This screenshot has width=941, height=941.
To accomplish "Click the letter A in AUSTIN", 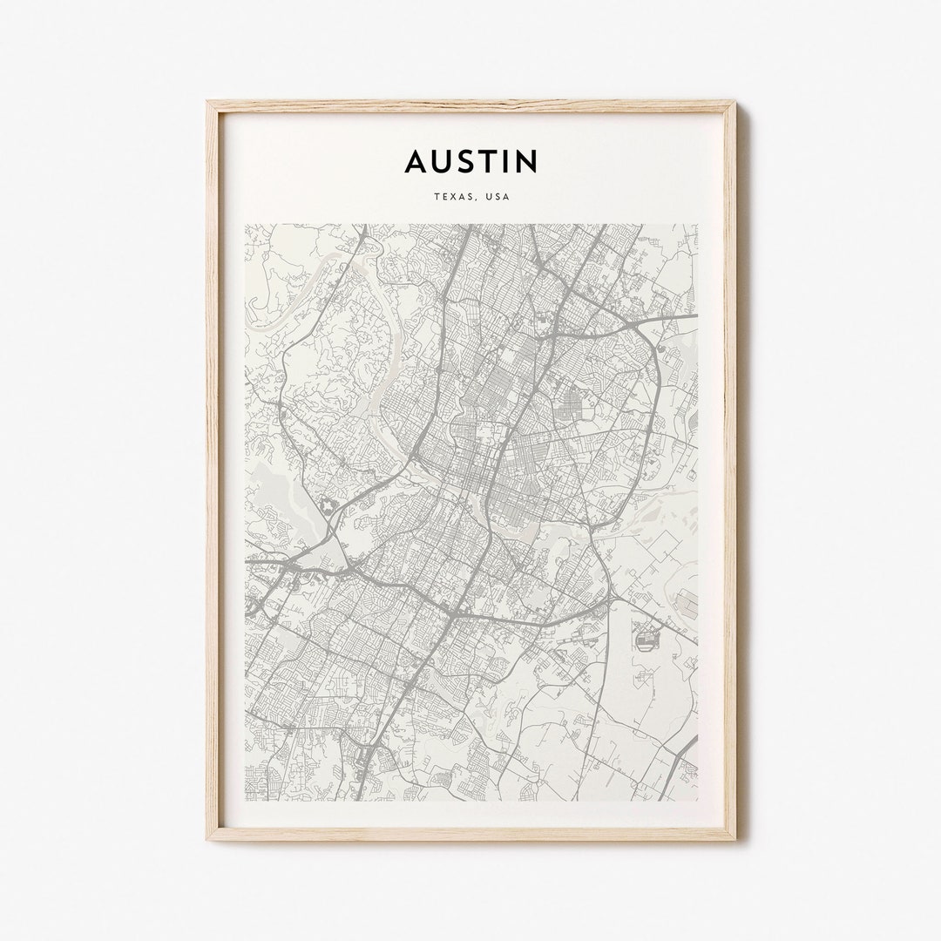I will [416, 161].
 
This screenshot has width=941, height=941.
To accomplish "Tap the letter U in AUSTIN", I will [442, 161].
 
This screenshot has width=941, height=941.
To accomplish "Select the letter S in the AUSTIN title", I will [466, 161].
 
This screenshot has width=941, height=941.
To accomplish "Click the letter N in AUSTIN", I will [526, 161].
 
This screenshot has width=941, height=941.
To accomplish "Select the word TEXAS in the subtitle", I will [454, 197].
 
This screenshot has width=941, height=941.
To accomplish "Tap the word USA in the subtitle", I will [498, 197].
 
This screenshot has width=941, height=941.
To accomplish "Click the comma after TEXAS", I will [477, 200].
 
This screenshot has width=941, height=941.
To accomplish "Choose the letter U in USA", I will [490, 197].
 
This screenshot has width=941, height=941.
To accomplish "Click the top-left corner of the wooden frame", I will [208, 103].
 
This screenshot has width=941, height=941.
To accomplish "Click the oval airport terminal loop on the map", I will [646, 642].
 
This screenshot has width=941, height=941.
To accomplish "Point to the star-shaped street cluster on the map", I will [328, 504].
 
